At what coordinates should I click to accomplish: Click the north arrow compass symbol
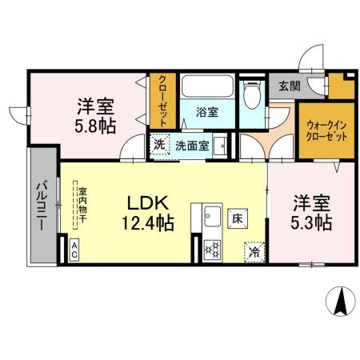point(341,301)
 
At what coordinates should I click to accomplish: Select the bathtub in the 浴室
point(207,86)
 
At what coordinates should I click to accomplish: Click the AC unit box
point(74,250)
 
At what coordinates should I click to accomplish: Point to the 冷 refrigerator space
point(254,252)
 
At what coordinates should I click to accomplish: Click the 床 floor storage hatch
point(238,218)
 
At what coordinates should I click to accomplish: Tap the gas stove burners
point(212,250)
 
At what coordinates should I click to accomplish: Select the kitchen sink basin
point(213,217)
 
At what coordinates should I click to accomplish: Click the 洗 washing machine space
point(159,144)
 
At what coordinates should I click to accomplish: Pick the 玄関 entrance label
point(290,86)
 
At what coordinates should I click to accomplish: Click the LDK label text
point(148,203)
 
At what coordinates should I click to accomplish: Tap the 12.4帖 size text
point(148,223)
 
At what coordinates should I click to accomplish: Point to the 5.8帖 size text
point(95,126)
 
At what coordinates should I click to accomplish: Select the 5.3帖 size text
point(311,222)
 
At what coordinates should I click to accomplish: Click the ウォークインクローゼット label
point(326,130)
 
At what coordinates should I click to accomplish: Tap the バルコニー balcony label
point(42,206)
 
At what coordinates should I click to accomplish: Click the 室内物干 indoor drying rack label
point(82,205)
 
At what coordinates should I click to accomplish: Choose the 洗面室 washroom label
point(192,146)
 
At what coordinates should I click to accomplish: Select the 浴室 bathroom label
point(207,112)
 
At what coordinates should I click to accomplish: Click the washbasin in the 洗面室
point(220,146)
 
